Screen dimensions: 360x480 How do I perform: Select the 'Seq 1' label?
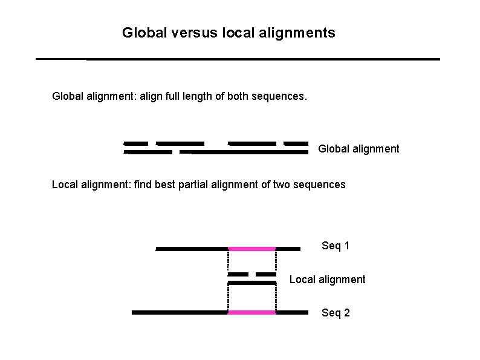pyautogui.click(x=336, y=246)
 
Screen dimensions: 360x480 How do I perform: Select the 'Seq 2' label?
pyautogui.click(x=336, y=313)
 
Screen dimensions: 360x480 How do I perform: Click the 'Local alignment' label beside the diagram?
pyautogui.click(x=327, y=280)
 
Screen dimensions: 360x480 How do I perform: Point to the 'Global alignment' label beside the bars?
pyautogui.click(x=358, y=149)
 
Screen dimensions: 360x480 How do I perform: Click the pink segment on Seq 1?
pyautogui.click(x=251, y=249)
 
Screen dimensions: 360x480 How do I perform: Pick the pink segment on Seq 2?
pyautogui.click(x=251, y=313)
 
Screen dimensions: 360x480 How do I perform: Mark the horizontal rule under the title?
pyautogui.click(x=238, y=59)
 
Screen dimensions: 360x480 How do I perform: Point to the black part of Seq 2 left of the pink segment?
pyautogui.click(x=180, y=313)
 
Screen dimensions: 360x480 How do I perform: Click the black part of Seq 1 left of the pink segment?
pyautogui.click(x=192, y=249)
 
